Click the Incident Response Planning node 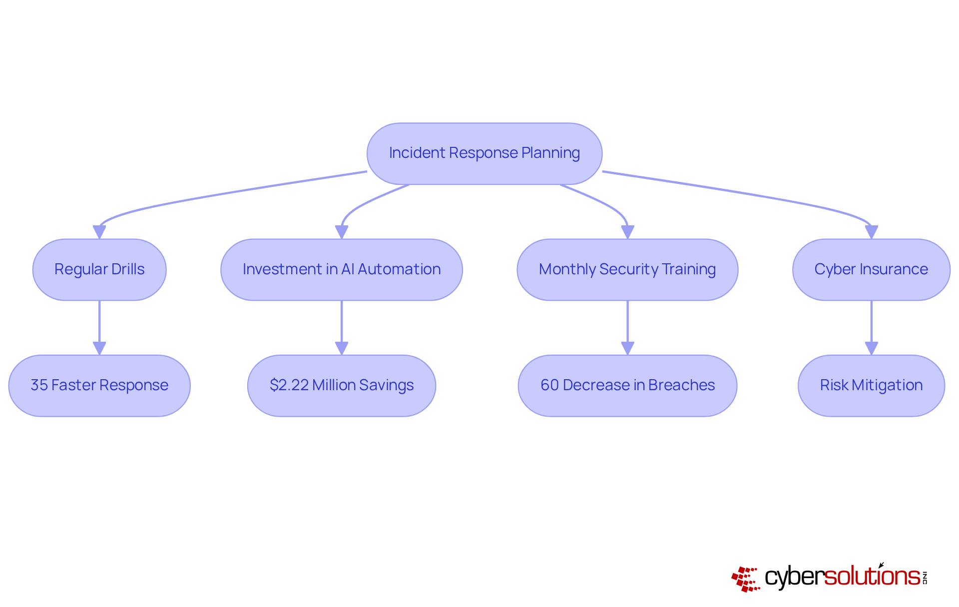pyautogui.click(x=484, y=153)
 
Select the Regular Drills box pyautogui.click(x=99, y=269)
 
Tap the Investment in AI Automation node pyautogui.click(x=342, y=269)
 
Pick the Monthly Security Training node pyautogui.click(x=627, y=269)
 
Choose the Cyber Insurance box pyautogui.click(x=871, y=269)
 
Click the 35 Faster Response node pyautogui.click(x=99, y=385)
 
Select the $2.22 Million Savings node pyautogui.click(x=342, y=385)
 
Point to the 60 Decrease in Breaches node pyautogui.click(x=627, y=385)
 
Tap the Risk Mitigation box pyautogui.click(x=871, y=385)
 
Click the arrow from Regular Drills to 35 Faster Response pyautogui.click(x=99, y=325)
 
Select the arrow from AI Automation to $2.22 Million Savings pyautogui.click(x=342, y=325)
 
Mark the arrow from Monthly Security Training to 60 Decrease pyautogui.click(x=627, y=325)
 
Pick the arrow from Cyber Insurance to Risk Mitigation pyautogui.click(x=871, y=325)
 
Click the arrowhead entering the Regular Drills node pyautogui.click(x=99, y=232)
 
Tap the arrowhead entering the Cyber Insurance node pyautogui.click(x=871, y=232)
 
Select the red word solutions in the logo pyautogui.click(x=872, y=577)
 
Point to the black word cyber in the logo pyautogui.click(x=794, y=578)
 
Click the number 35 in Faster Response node pyautogui.click(x=39, y=385)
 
